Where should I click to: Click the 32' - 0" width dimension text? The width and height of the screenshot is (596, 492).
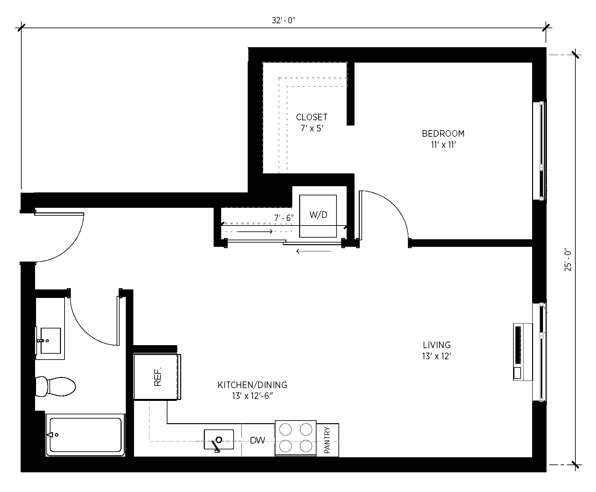click(283, 20)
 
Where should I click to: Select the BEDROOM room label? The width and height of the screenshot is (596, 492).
click(443, 134)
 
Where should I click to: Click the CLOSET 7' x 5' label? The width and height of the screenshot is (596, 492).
click(312, 123)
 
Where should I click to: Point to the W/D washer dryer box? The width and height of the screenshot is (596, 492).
click(318, 216)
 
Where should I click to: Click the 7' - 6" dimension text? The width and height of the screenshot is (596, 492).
click(284, 218)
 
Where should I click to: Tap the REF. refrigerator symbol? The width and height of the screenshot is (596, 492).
click(157, 377)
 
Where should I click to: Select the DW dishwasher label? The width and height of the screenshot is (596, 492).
click(258, 441)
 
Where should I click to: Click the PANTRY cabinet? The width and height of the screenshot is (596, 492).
click(327, 440)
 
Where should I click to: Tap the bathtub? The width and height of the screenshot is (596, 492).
click(85, 435)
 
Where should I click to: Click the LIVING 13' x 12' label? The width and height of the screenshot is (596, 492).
click(437, 350)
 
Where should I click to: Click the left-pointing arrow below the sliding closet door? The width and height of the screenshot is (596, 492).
click(314, 251)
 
